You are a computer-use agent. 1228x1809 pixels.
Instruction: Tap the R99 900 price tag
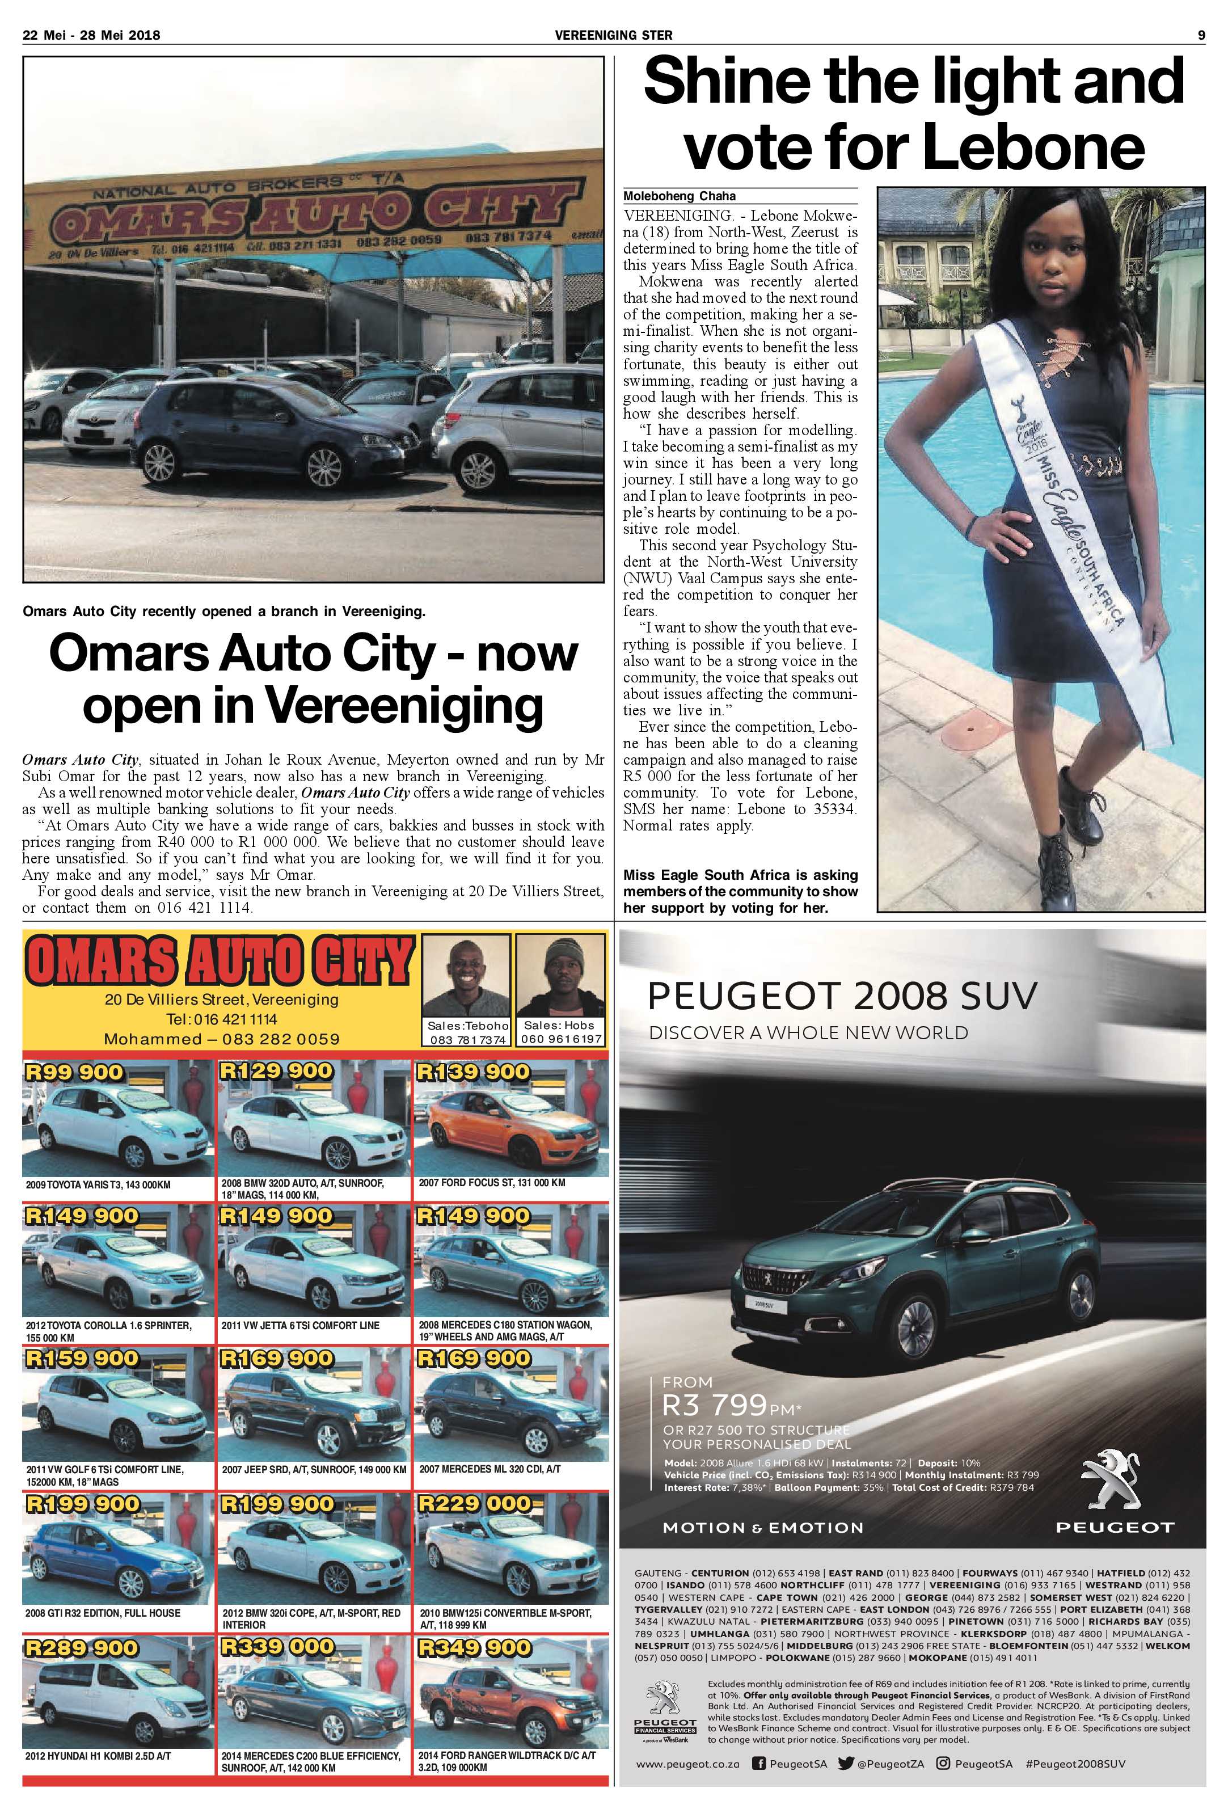(x=74, y=1072)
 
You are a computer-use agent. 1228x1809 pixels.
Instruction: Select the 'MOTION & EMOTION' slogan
(x=763, y=1527)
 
